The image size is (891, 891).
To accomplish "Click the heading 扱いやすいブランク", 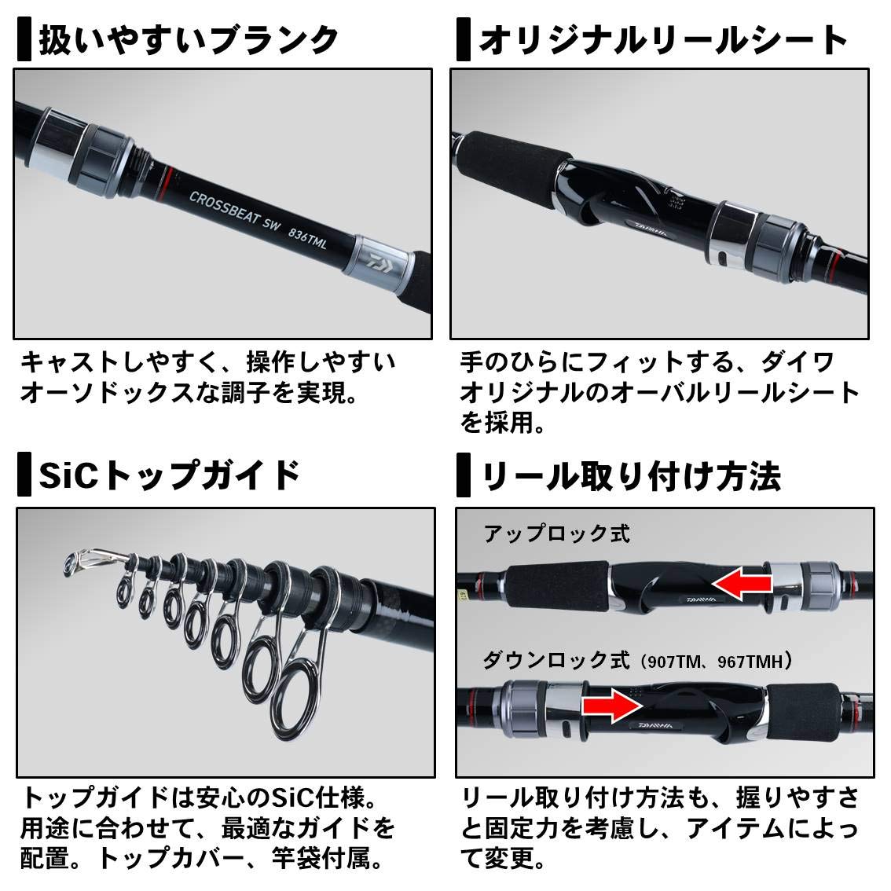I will click(x=189, y=39).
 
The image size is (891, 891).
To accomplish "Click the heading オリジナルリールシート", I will click(x=664, y=40).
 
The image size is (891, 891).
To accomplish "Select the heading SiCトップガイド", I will click(x=170, y=475).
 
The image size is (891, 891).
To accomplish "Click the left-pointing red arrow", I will click(x=742, y=583).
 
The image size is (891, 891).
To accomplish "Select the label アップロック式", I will click(x=556, y=534).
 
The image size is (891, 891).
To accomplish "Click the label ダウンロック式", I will click(x=556, y=660).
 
